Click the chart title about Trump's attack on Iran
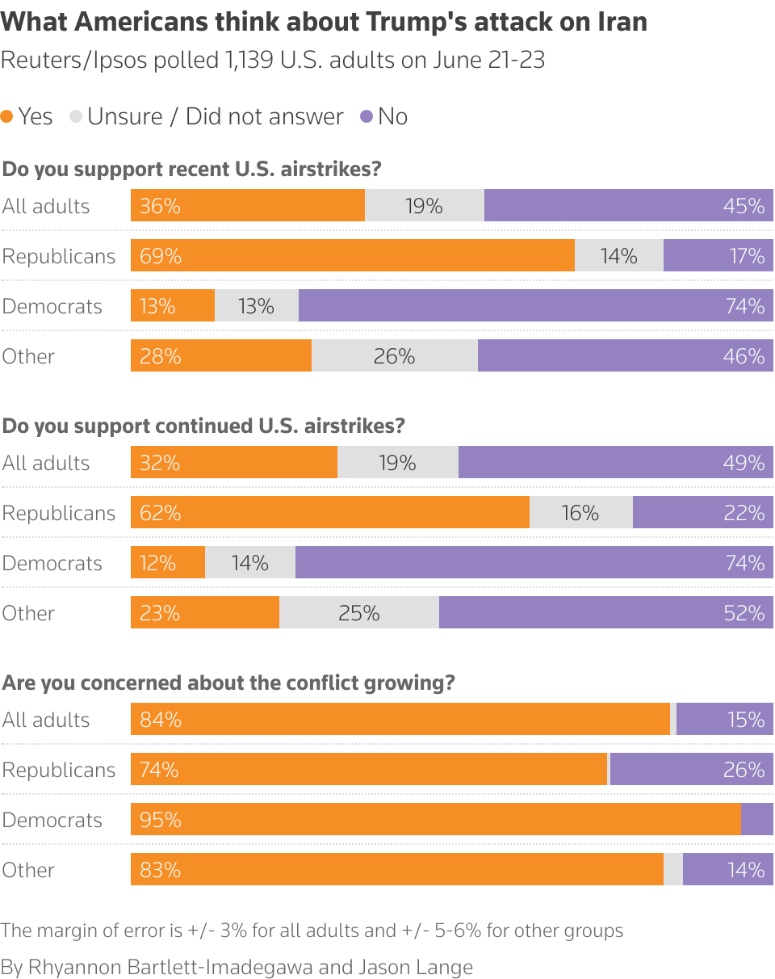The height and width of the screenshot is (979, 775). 324,22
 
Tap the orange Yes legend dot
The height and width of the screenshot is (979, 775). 7,116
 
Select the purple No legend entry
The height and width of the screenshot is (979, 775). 384,116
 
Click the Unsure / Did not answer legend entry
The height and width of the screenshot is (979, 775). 207,116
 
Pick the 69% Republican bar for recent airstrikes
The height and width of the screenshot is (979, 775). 352,255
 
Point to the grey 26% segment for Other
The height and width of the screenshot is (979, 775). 394,355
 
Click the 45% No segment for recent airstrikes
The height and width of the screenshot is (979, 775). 628,205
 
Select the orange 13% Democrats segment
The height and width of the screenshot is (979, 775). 173,305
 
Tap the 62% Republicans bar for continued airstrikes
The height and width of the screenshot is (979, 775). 329,512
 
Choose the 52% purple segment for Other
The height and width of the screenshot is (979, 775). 605,612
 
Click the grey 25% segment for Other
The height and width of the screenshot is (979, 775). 358,612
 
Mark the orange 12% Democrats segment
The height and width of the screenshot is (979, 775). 168,562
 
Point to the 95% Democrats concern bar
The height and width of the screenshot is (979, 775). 435,819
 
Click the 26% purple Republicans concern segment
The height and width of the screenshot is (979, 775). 691,769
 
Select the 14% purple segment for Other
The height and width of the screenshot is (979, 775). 727,869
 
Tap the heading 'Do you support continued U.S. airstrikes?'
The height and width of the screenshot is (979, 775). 203,426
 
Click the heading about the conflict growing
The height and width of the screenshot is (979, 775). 228,683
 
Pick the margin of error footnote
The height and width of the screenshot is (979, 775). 312,931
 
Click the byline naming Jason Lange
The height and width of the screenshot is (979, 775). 237,967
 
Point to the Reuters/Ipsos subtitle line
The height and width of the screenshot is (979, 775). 273,61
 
